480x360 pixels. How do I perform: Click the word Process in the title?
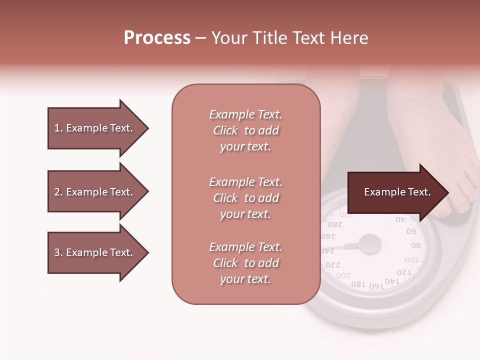click(x=157, y=38)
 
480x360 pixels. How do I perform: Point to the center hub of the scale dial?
click(x=370, y=244)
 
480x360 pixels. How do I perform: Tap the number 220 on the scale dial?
click(x=332, y=264)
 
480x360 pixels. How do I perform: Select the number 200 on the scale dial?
click(x=343, y=275)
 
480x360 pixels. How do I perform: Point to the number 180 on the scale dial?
click(x=358, y=284)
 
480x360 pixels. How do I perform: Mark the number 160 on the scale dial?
click(x=375, y=286)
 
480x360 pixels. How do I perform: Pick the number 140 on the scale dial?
click(x=392, y=281)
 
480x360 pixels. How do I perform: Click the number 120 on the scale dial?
click(x=404, y=272)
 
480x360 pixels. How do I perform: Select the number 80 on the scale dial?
click(x=416, y=245)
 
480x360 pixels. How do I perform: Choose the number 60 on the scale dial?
click(x=411, y=231)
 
